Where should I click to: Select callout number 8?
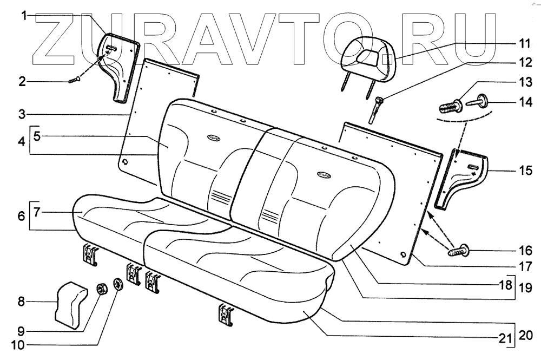point(22,302)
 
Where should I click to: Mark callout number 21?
point(505,338)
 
